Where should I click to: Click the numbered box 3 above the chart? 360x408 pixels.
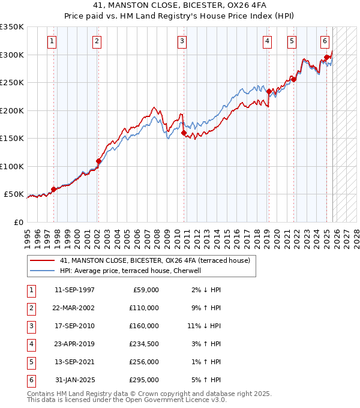182,41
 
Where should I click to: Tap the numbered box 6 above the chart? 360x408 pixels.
325,41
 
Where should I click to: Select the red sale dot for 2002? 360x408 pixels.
98,161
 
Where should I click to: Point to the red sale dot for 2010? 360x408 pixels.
184,133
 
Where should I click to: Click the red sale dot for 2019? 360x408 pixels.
269,92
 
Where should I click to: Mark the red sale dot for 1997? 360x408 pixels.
53,189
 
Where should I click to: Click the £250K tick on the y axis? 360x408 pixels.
12,83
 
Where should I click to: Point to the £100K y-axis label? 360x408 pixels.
12,166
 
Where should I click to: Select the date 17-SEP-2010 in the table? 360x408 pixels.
74,326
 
